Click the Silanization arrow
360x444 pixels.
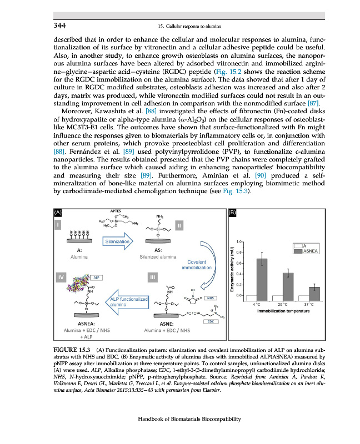point(117,241)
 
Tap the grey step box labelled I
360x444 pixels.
point(58,224)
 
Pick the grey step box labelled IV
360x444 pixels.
point(58,276)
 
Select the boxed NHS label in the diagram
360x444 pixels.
point(211,298)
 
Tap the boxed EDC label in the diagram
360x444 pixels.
point(211,321)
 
